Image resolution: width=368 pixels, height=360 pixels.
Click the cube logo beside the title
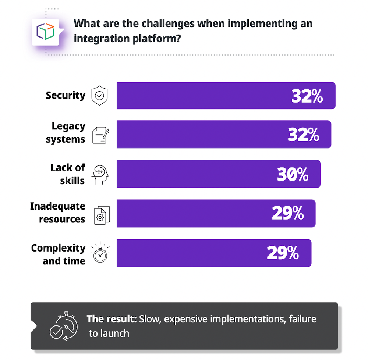45,32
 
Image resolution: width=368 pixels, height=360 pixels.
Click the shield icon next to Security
99,96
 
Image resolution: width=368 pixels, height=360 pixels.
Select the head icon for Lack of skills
100,174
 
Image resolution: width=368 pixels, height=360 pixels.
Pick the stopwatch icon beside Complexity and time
100,253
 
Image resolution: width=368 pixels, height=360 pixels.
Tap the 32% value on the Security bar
307,96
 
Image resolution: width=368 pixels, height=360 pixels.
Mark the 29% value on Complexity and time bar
283,253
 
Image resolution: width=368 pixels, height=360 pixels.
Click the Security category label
66,96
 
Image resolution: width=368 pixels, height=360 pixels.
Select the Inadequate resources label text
58,213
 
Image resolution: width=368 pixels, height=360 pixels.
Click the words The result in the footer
112,319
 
